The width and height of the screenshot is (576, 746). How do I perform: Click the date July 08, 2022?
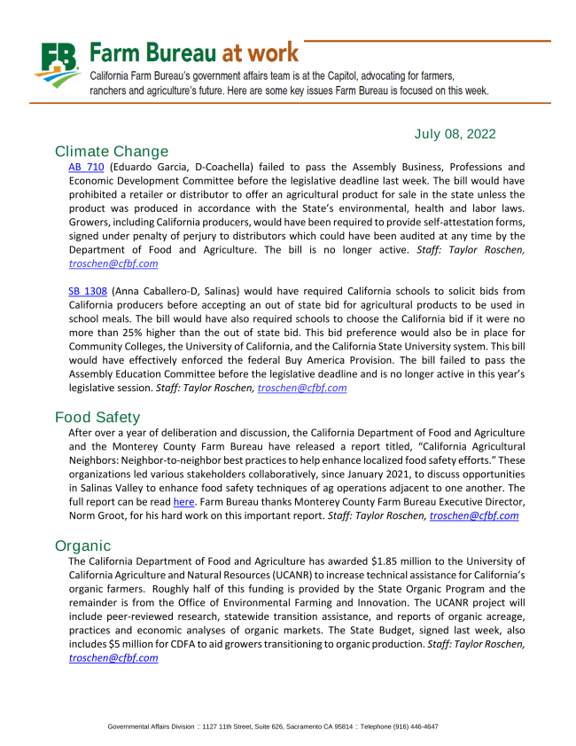pos(455,134)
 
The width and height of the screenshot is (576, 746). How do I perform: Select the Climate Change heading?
pos(111,151)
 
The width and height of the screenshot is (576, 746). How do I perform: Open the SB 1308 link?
pos(86,290)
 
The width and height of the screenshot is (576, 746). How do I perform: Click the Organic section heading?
pos(82,546)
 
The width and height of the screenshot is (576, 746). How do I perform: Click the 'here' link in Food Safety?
pos(183,502)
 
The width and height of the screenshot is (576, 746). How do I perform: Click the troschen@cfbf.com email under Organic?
pos(113,658)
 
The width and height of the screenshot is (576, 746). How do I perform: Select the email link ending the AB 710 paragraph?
pos(113,264)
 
